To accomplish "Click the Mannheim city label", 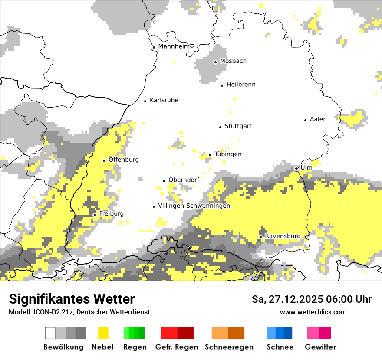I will (174, 46).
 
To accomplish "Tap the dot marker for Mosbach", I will (215, 62).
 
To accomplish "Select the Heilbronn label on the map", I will (241, 85).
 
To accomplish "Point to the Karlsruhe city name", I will (164, 100).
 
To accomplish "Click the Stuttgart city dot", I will (220, 127).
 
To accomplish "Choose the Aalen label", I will (318, 119).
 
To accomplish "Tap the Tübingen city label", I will (228, 154).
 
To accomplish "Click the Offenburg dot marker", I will (104, 160).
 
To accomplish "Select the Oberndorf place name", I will (184, 180).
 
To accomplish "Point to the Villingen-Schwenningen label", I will (194, 206).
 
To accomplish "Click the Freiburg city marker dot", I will (95, 215).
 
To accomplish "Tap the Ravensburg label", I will (283, 236).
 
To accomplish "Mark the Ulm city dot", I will (296, 169).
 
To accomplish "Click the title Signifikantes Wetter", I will (72, 299).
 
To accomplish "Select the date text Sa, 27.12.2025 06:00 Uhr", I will (311, 299).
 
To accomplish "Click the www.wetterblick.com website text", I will (313, 312).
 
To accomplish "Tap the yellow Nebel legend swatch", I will (103, 333).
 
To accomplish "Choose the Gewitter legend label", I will (320, 347).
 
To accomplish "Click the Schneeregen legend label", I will (229, 347).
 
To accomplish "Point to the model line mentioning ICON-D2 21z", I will (79, 312).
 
